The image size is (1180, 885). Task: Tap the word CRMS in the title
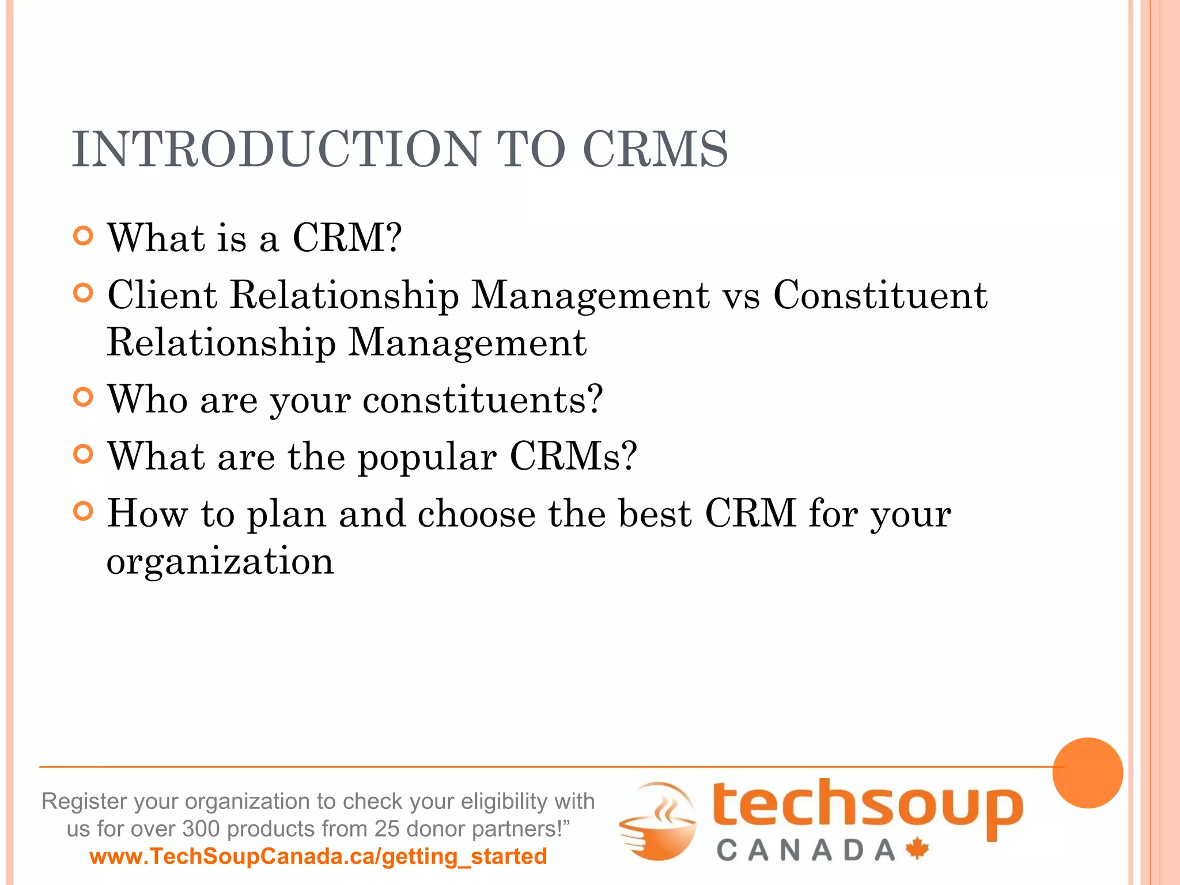pos(655,149)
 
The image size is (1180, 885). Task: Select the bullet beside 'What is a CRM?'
pos(84,236)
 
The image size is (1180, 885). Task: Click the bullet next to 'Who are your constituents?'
pos(84,398)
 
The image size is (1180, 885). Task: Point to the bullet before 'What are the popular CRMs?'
pos(84,455)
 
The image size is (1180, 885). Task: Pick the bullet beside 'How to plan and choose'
pos(84,511)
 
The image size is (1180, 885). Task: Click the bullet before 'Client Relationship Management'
pos(84,293)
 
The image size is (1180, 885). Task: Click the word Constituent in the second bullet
pos(880,295)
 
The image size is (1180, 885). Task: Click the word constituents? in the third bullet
pos(483,399)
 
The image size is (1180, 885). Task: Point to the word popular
pos(427,457)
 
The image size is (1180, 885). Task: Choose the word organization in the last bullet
pos(220,561)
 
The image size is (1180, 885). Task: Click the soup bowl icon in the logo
pos(659,820)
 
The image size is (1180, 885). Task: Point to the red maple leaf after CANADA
pos(917,849)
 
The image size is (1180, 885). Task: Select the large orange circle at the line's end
pos(1087,773)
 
